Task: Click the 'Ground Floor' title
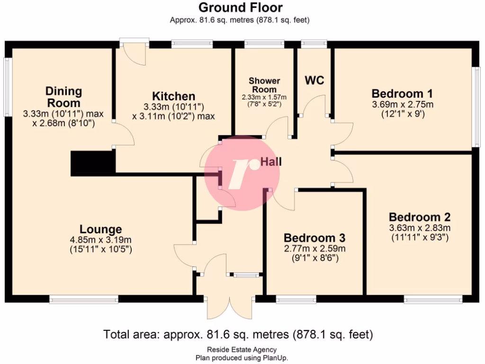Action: pos(240,8)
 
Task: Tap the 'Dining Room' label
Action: pos(63,97)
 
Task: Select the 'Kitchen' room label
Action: pos(174,96)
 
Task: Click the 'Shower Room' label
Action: pos(265,85)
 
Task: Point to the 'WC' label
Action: pos(314,80)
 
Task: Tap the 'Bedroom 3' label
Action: pos(314,237)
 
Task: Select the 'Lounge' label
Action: pos(100,229)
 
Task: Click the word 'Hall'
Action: pos(271,162)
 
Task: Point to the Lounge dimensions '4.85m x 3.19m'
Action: pos(100,240)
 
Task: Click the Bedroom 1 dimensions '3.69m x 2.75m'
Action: pos(402,104)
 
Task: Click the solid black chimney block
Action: pos(93,164)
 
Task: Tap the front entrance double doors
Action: pos(230,303)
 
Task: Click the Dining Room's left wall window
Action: pos(8,87)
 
